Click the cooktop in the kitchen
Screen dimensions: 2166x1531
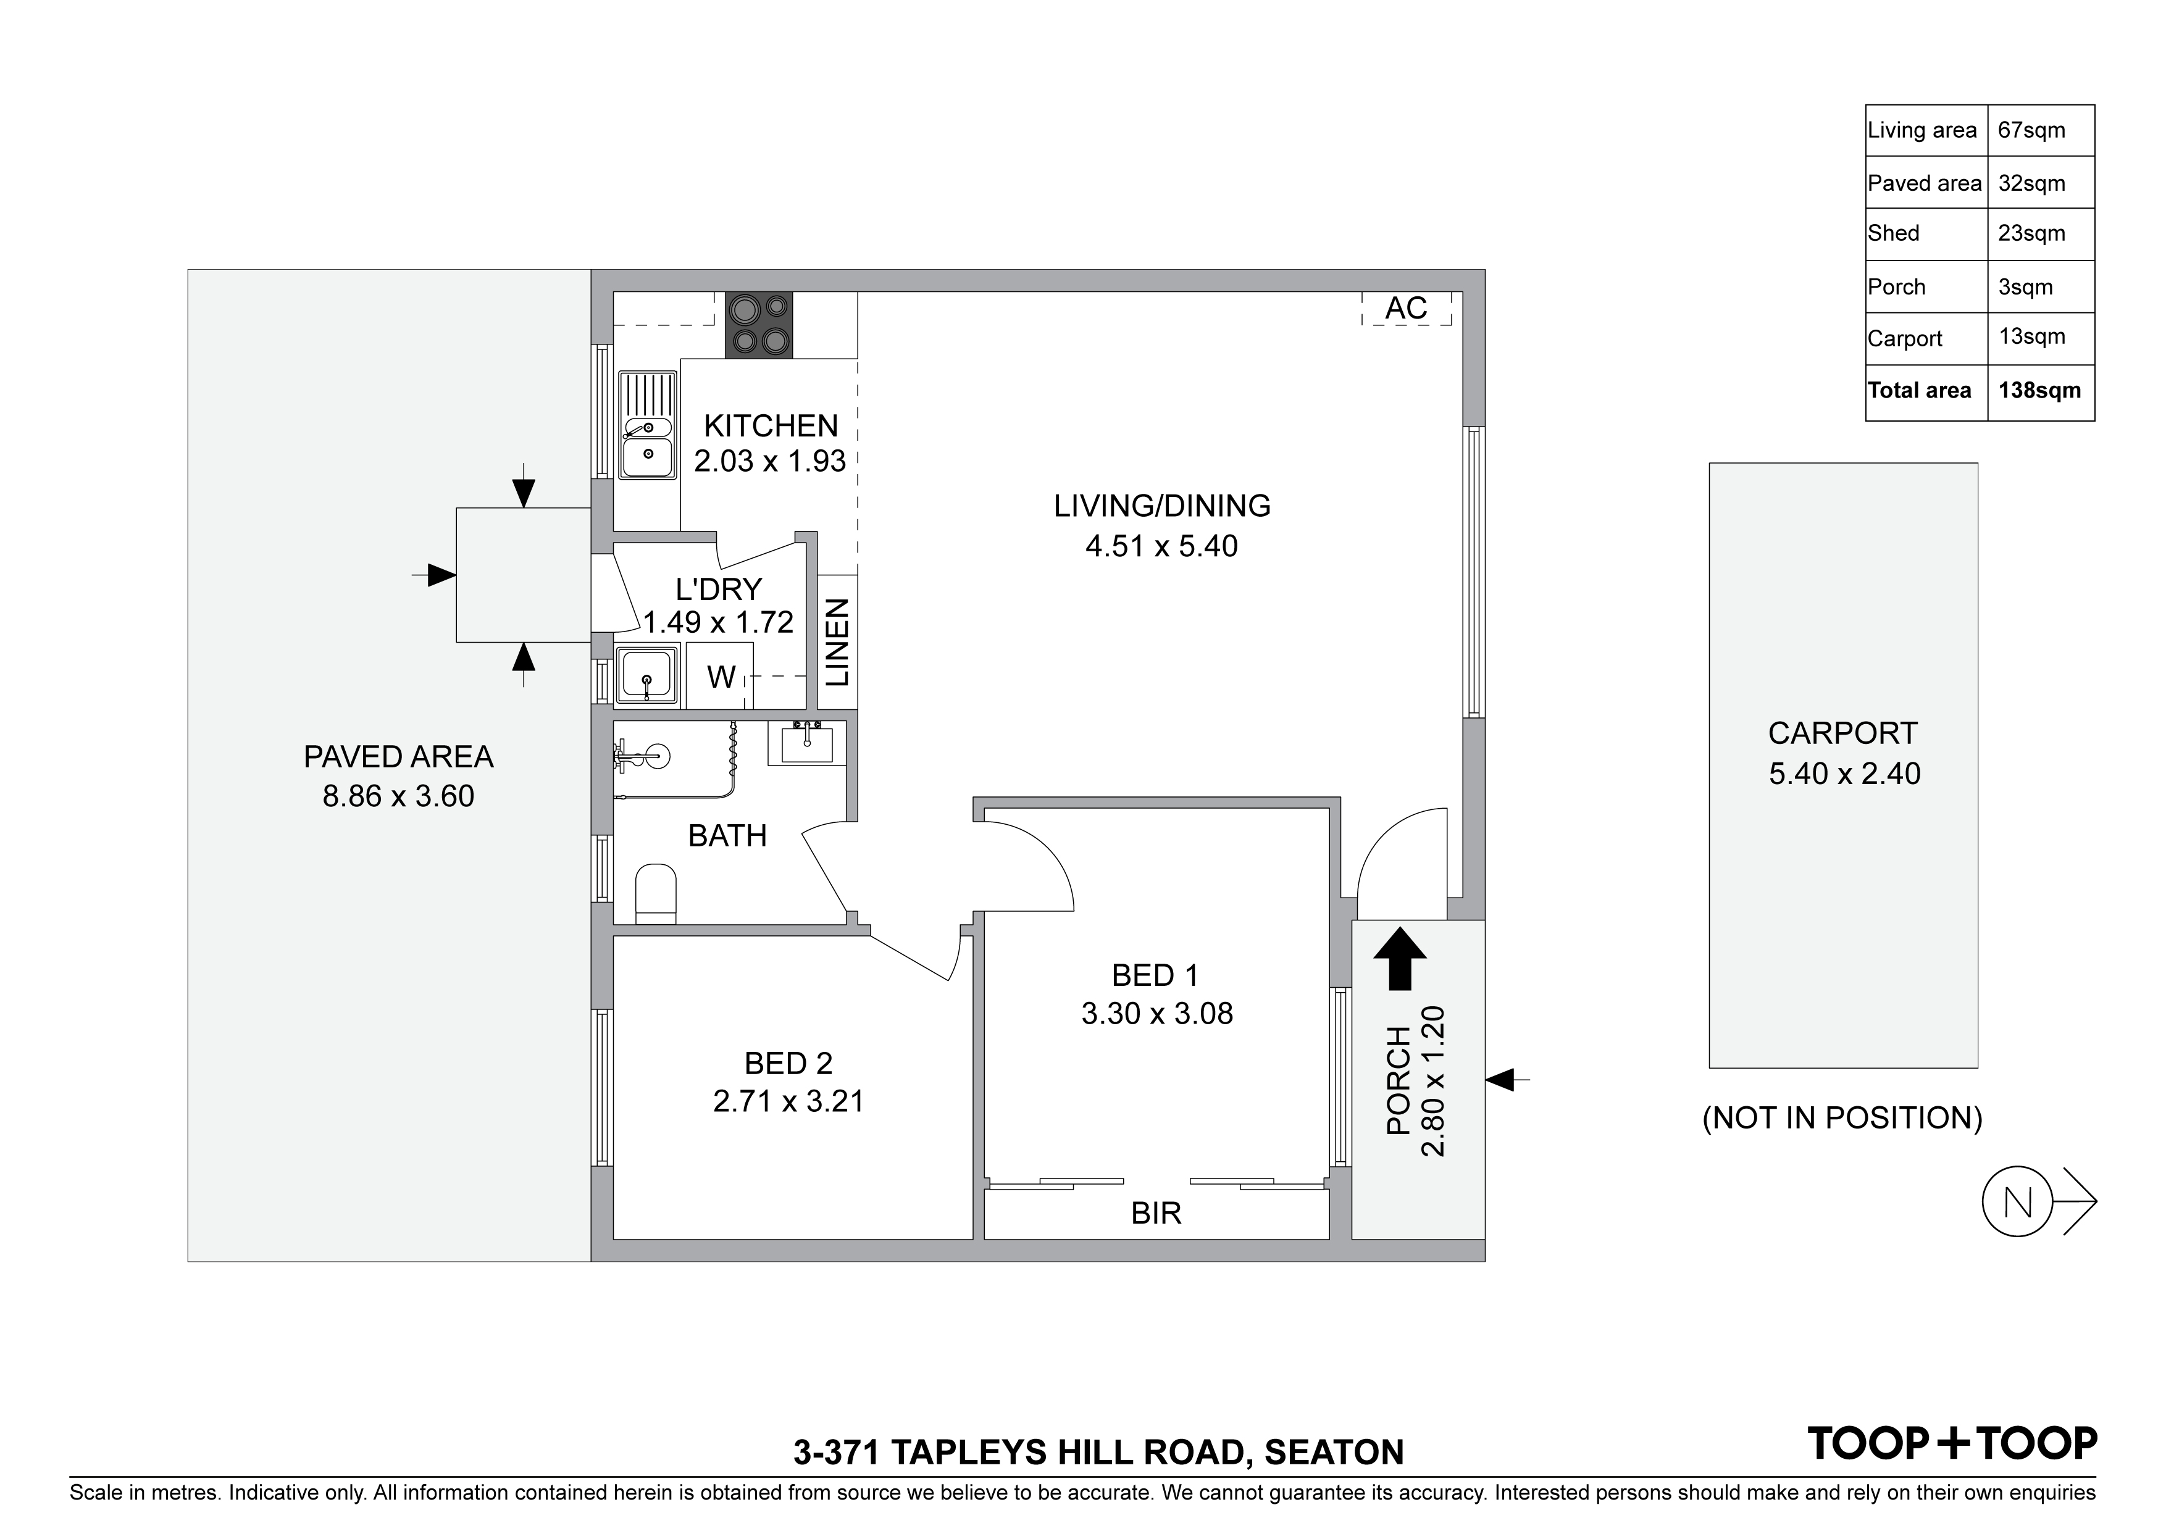point(758,325)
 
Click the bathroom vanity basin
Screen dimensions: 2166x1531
point(806,743)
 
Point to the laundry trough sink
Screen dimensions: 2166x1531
point(647,675)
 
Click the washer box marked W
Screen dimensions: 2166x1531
point(720,675)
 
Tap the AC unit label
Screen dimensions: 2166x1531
point(1407,309)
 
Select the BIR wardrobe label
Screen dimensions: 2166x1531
point(1156,1213)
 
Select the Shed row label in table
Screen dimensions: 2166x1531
point(1893,233)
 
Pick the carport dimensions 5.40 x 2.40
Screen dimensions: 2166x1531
point(1844,774)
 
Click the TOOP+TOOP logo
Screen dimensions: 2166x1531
point(1952,1443)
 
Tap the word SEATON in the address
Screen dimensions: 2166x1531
point(1334,1453)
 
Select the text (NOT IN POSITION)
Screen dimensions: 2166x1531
point(1842,1118)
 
